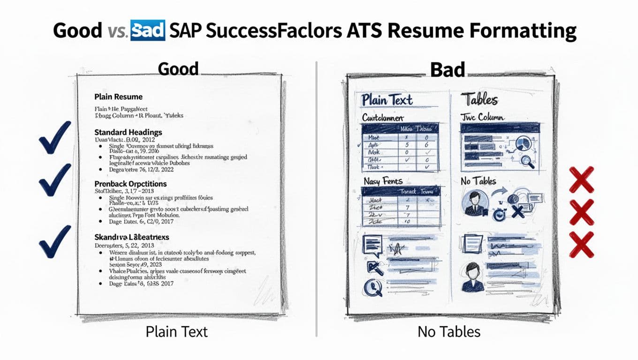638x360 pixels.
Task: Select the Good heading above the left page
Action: (178, 69)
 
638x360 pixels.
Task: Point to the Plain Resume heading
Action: (118, 97)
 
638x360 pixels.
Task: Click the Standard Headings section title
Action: (128, 132)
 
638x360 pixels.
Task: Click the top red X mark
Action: (581, 180)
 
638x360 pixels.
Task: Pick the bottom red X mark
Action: (581, 244)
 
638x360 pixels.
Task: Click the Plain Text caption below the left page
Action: (176, 332)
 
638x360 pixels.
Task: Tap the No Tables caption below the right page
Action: (448, 332)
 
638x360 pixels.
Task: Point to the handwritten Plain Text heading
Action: (387, 100)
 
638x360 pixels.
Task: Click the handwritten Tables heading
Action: (478, 99)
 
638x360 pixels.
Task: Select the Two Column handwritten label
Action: (483, 117)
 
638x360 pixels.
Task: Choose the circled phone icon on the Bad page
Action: (373, 287)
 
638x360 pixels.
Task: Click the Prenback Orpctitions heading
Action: (130, 184)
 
